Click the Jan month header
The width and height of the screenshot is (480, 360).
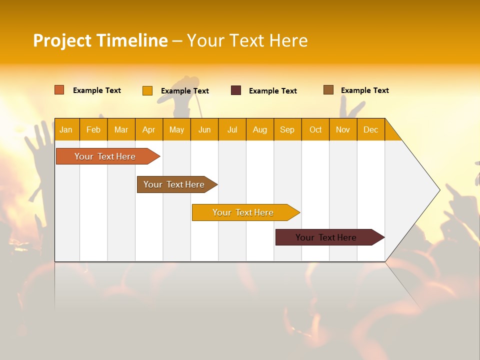pyautogui.click(x=66, y=129)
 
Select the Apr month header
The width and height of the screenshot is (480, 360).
pyautogui.click(x=149, y=129)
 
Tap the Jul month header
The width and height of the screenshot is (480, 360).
pyautogui.click(x=232, y=129)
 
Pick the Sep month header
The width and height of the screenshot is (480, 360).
pyautogui.click(x=287, y=129)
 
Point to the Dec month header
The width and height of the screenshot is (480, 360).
pyautogui.click(x=370, y=129)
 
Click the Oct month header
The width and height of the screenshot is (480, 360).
pyautogui.click(x=315, y=129)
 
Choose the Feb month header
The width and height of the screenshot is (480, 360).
pyautogui.click(x=93, y=129)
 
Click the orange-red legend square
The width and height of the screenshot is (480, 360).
pyautogui.click(x=59, y=90)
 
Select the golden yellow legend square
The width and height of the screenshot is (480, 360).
pyautogui.click(x=147, y=90)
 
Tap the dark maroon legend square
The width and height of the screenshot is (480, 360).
pyautogui.click(x=236, y=90)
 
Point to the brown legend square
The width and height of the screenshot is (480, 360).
pyautogui.click(x=328, y=90)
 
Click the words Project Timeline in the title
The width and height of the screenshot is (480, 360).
pyautogui.click(x=100, y=40)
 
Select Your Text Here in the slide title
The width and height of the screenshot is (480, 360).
pyautogui.click(x=247, y=40)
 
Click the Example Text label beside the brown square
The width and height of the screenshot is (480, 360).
pyautogui.click(x=364, y=90)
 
